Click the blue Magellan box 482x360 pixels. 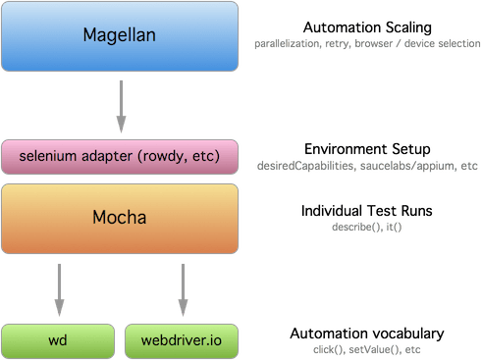click(x=121, y=38)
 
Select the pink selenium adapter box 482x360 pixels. click(x=121, y=154)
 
